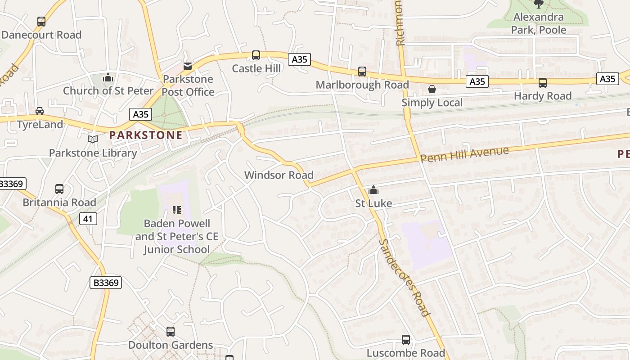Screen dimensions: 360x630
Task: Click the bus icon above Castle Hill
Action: [x=256, y=55]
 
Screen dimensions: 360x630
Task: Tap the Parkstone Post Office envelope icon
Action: [x=188, y=67]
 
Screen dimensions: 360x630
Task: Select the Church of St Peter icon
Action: [x=108, y=78]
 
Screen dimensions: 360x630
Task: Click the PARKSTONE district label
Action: [x=146, y=135]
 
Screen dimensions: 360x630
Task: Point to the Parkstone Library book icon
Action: [x=93, y=139]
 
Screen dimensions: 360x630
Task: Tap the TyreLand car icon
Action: [x=40, y=111]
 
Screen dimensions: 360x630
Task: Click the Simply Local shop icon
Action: [x=432, y=90]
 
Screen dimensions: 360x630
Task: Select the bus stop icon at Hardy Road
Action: [x=543, y=83]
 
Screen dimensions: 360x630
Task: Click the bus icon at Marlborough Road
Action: [x=362, y=72]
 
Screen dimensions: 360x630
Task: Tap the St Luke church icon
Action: [x=373, y=190]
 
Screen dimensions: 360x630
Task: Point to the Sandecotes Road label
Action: [x=404, y=278]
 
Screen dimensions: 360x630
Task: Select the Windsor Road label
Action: [x=279, y=175]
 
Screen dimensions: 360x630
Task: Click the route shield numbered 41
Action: [x=88, y=219]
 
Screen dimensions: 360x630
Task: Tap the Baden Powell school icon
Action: [x=176, y=210]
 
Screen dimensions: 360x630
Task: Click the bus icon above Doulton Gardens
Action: [x=171, y=332]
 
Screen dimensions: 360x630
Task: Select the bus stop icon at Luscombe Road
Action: [x=405, y=340]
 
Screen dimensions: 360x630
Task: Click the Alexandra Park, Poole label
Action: [x=538, y=24]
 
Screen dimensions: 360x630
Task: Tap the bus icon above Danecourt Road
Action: [x=41, y=21]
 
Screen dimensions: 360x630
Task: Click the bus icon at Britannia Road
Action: [x=59, y=189]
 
